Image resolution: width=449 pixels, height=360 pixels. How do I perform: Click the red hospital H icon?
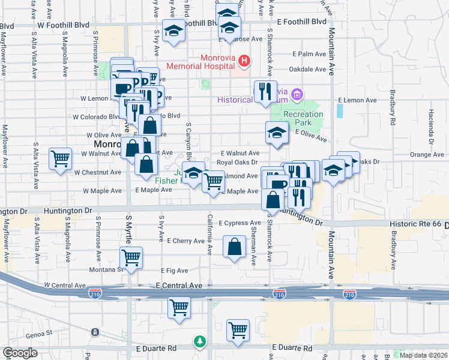[244, 61]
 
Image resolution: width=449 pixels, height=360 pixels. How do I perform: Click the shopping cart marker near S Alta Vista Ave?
[60, 160]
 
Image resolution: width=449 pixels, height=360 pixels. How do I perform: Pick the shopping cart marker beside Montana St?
[131, 259]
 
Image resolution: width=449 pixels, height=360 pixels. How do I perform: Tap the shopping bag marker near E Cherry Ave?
[235, 246]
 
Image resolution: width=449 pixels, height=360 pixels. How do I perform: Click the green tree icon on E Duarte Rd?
[199, 341]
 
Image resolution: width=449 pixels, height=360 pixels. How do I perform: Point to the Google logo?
[20, 353]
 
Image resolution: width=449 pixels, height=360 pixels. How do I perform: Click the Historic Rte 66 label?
[415, 224]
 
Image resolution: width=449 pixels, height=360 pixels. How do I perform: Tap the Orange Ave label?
[427, 154]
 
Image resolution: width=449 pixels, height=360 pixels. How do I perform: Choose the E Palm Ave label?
[309, 54]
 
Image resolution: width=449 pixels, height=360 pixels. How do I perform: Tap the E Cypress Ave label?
[239, 223]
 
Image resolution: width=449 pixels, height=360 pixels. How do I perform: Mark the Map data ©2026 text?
[423, 355]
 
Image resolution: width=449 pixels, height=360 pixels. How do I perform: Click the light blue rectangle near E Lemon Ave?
[340, 110]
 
